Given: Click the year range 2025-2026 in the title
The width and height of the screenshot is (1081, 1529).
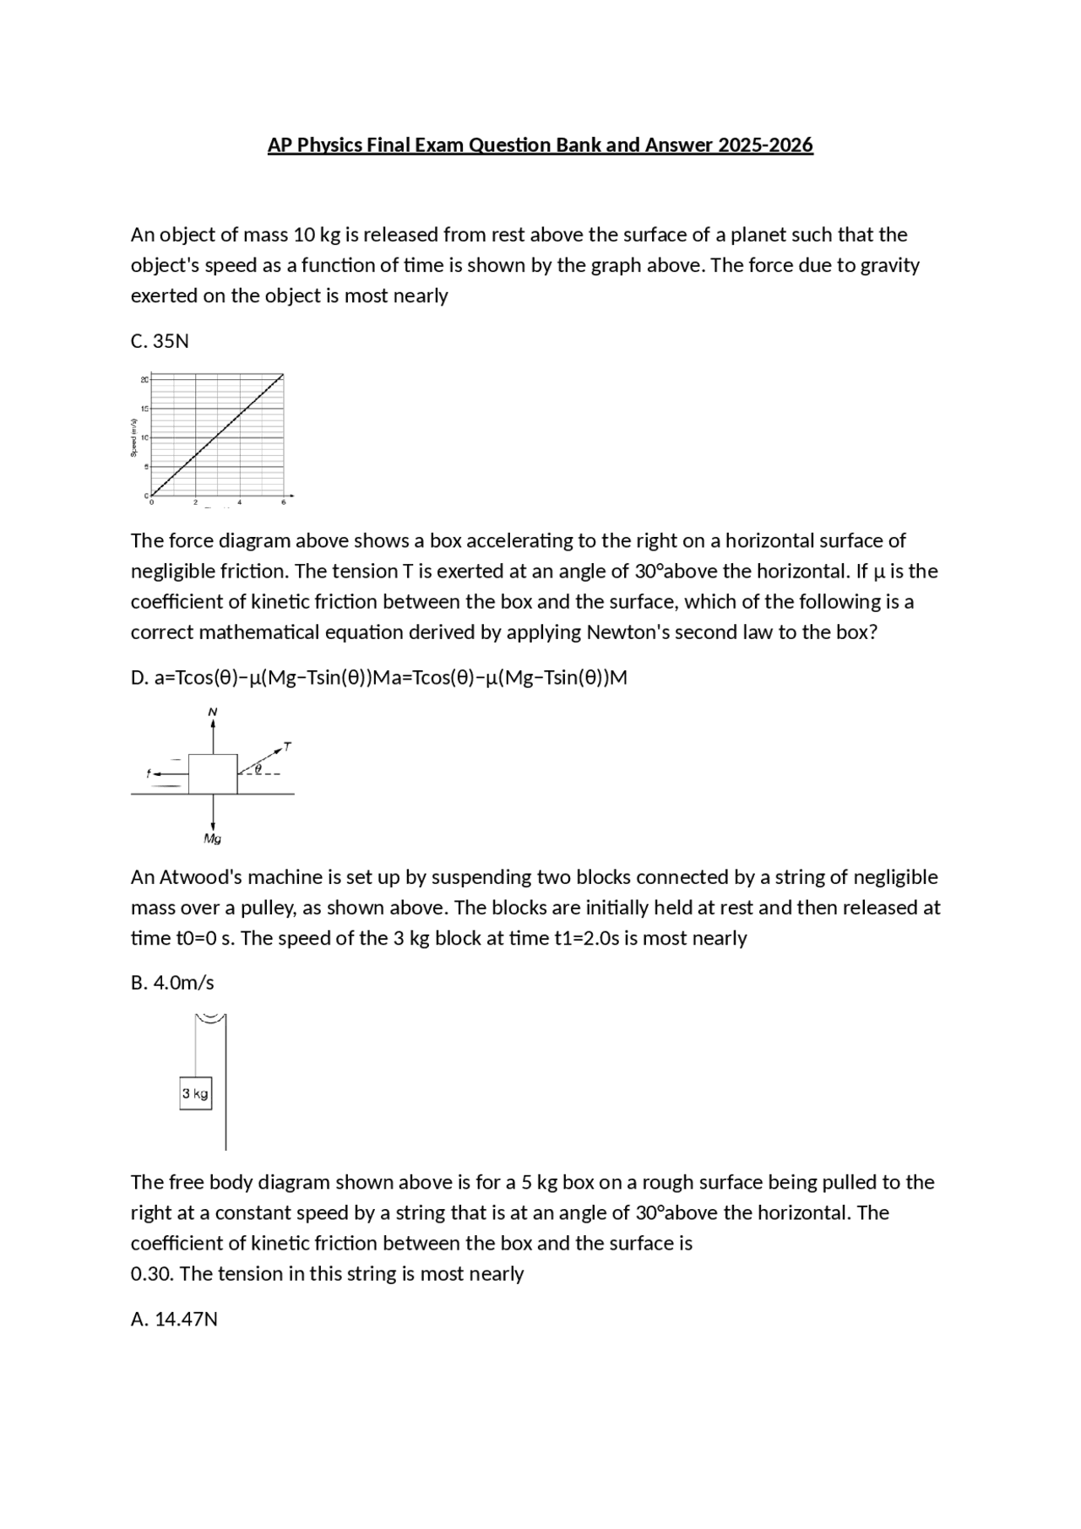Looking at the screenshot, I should point(765,145).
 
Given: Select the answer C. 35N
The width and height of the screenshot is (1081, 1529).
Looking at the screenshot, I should point(160,341).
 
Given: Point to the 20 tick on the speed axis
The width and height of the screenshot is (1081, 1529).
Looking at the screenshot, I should point(144,380).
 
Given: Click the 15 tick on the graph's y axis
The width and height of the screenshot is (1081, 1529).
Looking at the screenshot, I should point(144,409).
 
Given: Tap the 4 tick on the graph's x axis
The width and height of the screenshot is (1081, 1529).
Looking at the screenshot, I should point(240,503).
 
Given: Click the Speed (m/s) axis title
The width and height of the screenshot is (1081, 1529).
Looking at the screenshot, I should point(133,437).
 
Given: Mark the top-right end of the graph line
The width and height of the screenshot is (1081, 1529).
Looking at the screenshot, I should point(282,376).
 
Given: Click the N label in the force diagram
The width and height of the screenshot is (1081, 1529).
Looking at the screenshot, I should point(213,712).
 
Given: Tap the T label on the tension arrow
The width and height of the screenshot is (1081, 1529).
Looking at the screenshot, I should point(287,746).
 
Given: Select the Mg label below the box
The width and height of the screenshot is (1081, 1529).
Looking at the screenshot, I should point(212,838).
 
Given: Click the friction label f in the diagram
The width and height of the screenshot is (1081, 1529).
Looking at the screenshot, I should point(149,773).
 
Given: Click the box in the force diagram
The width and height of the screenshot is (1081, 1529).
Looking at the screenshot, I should point(213,774).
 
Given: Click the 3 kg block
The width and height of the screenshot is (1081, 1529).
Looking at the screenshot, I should point(195,1093).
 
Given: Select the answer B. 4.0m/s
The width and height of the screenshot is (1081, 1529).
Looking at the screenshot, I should point(172,983).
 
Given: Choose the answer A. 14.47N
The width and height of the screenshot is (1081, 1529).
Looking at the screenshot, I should point(174,1319).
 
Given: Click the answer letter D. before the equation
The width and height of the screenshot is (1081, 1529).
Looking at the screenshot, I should point(139,678).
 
